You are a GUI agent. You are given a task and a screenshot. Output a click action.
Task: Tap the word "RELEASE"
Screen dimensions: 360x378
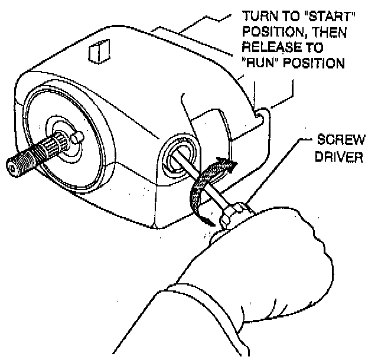(x=267, y=47)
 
